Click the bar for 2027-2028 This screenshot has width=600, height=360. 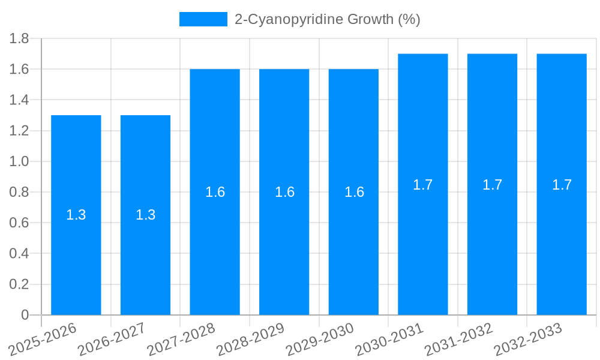215,192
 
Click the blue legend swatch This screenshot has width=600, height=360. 203,19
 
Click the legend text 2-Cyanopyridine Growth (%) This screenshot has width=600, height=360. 327,19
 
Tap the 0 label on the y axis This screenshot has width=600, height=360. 25,315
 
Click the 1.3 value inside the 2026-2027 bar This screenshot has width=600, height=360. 146,215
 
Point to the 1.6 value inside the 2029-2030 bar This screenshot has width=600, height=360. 354,192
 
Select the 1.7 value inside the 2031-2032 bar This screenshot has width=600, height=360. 493,185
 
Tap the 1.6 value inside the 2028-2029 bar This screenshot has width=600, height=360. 284,192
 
